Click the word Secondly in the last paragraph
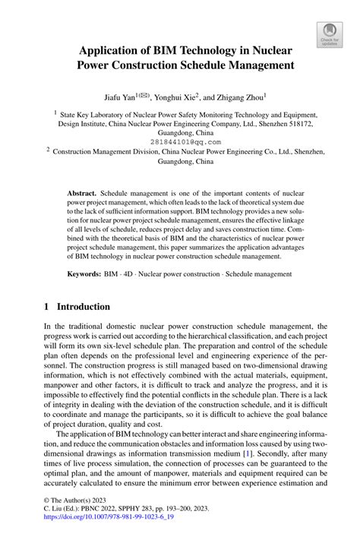pos(263,453)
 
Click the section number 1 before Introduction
pos(46,307)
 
